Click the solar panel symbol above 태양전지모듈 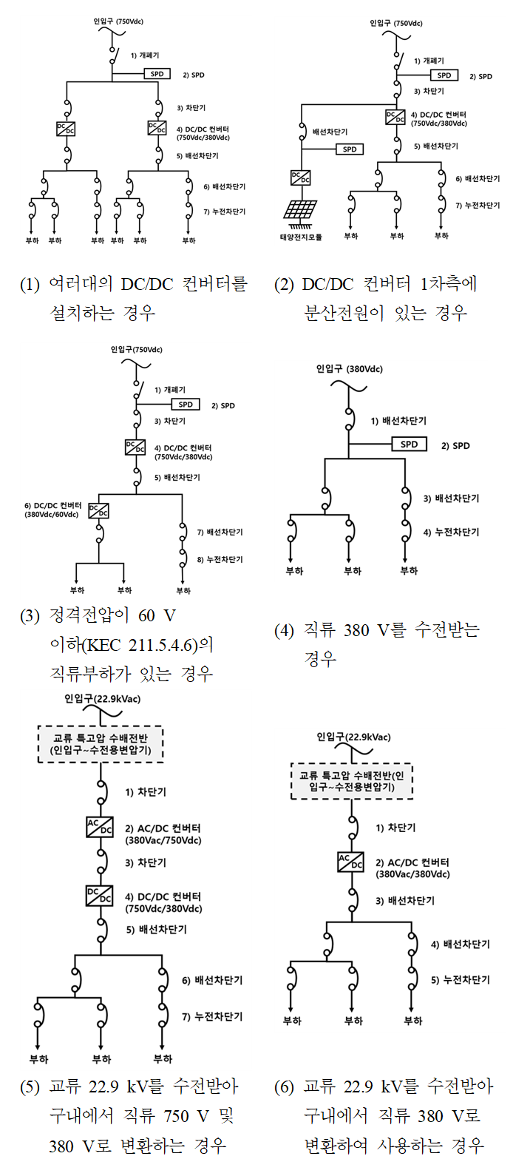[301, 210]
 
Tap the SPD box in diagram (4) [409, 445]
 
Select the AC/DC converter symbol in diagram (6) [350, 862]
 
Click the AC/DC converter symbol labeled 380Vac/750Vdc [100, 827]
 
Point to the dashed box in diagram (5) [101, 744]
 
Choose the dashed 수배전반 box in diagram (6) [351, 781]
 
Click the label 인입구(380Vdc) [349, 369]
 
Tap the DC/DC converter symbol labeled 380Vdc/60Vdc [98, 510]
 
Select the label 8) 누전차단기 [220, 560]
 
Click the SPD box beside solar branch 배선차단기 [350, 149]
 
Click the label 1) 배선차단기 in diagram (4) [398, 421]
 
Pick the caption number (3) [30, 616]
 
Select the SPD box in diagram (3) [186, 405]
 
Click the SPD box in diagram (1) [157, 74]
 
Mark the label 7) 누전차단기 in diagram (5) [212, 1017]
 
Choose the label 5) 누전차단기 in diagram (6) [461, 980]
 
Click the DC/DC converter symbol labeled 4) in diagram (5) [100, 896]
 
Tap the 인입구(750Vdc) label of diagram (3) [136, 350]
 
